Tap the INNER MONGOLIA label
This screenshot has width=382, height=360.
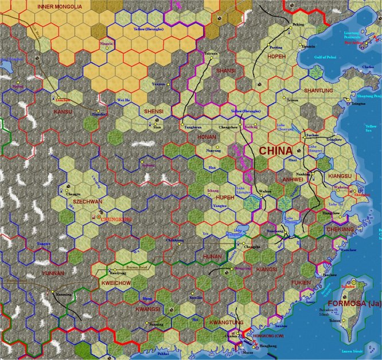(x=60, y=6)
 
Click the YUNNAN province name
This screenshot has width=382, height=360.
(x=53, y=273)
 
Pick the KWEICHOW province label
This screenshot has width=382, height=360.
(x=116, y=283)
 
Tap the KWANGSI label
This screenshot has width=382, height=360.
(x=147, y=309)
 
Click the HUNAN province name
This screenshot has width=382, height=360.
(x=212, y=256)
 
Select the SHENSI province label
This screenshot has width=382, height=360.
(x=154, y=111)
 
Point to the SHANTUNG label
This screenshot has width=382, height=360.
(x=318, y=91)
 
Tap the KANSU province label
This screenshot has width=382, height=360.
(x=63, y=111)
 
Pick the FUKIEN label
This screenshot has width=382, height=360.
(x=301, y=283)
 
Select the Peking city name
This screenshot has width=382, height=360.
(x=298, y=25)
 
